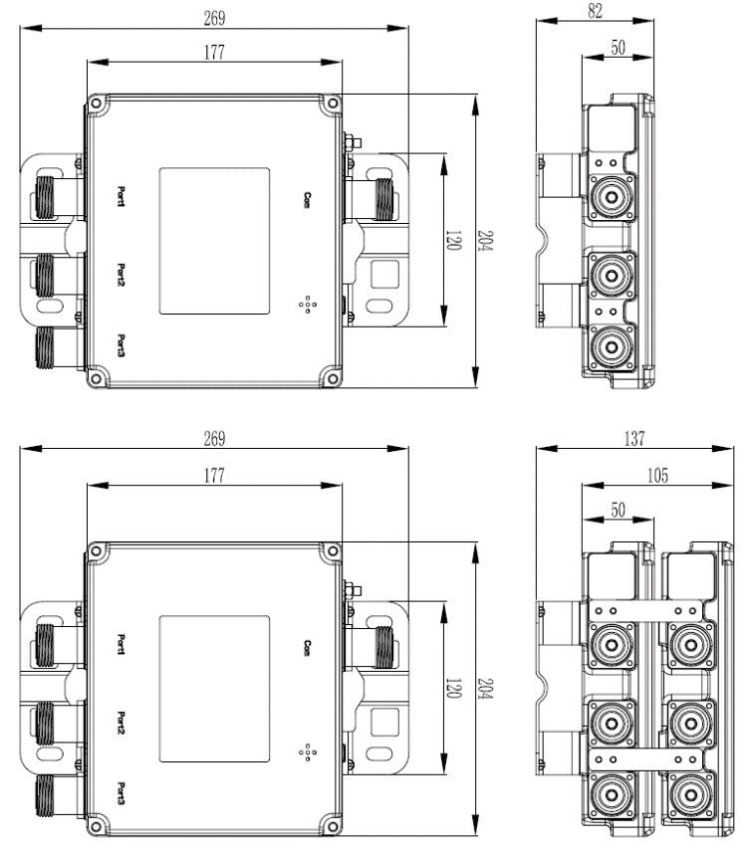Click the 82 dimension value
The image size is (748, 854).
[596, 11]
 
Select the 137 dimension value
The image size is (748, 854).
[634, 438]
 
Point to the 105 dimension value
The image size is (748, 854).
[657, 476]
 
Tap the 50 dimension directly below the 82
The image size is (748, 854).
[618, 48]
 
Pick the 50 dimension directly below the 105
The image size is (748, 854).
[618, 510]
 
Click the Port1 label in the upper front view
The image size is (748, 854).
[122, 197]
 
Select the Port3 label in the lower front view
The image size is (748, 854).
[122, 793]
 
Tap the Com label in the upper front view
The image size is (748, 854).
[308, 200]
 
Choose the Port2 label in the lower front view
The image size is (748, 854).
[122, 723]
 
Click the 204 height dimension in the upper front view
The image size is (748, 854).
[485, 241]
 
